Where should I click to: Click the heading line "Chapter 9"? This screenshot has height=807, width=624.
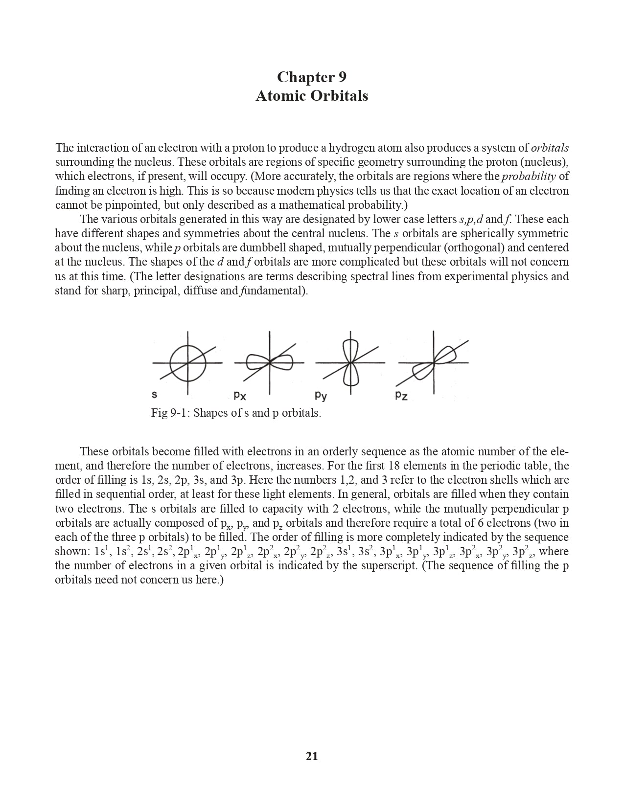[312, 77]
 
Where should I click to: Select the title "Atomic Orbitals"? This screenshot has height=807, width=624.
[312, 95]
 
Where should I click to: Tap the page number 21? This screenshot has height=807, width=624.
[312, 756]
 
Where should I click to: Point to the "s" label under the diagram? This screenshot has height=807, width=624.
[155, 394]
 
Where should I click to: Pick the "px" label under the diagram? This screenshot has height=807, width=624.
[239, 395]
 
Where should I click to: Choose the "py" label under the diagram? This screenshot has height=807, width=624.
[321, 395]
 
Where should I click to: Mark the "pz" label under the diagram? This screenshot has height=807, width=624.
[401, 395]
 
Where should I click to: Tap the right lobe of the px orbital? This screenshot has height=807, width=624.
[282, 362]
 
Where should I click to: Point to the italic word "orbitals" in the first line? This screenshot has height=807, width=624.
[550, 148]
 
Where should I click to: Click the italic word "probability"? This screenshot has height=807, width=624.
[528, 176]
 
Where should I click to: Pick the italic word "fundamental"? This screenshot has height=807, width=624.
[270, 291]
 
